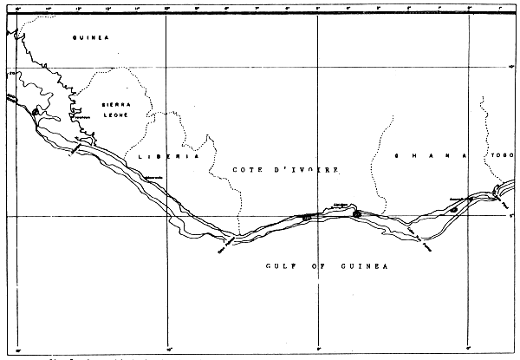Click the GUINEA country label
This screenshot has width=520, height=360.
point(90,38)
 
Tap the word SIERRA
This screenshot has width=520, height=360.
point(112,104)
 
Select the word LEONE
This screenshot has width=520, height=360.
point(113,115)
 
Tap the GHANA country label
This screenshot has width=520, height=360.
point(430,156)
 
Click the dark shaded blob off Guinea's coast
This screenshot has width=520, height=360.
point(36,111)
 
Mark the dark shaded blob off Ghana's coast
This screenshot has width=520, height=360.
point(453,208)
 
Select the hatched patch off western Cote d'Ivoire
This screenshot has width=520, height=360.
point(305,217)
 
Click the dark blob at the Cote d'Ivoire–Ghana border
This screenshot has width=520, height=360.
point(356,213)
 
